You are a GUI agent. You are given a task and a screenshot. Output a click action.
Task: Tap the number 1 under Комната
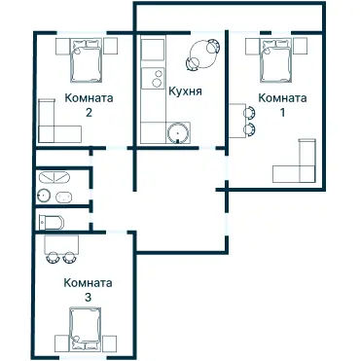[x=283, y=112]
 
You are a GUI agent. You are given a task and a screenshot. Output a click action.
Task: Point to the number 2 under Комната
[x=89, y=112]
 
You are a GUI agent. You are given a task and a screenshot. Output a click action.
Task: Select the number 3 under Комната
[x=88, y=297]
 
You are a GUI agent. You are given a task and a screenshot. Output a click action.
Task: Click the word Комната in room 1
[x=283, y=98]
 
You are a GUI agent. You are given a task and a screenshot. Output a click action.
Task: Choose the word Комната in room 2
[x=89, y=98]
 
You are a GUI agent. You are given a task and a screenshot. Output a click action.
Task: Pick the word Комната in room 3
[x=88, y=283]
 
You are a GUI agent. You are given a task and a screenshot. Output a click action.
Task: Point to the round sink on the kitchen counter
[x=178, y=133]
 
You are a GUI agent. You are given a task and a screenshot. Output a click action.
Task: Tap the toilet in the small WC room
[x=51, y=222]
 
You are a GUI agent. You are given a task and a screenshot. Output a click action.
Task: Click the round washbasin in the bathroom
[x=45, y=197]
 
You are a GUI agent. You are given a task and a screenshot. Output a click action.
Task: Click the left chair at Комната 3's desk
[x=53, y=259]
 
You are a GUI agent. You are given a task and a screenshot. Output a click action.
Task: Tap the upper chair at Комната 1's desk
[x=249, y=111]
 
